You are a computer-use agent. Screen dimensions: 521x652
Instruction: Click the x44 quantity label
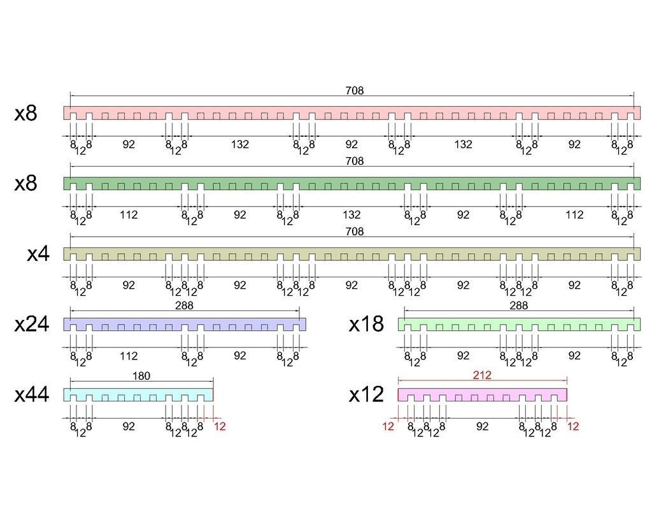(x=32, y=395)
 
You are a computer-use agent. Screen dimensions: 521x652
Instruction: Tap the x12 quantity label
(x=366, y=395)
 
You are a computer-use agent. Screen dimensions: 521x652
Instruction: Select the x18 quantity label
(x=366, y=324)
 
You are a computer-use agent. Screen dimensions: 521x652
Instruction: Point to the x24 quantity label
(x=32, y=324)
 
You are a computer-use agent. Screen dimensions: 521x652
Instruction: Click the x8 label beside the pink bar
(x=26, y=114)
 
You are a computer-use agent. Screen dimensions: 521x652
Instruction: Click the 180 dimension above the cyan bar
(x=141, y=376)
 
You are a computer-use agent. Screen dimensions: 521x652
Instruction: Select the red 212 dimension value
(x=482, y=376)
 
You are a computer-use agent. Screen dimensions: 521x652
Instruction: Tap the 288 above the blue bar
(x=184, y=306)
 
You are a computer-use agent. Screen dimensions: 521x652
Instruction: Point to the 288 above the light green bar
(x=519, y=306)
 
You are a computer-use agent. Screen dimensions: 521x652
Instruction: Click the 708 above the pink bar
(x=355, y=91)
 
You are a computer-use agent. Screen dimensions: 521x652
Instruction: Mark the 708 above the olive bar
(x=355, y=232)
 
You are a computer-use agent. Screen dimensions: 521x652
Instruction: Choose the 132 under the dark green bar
(x=351, y=215)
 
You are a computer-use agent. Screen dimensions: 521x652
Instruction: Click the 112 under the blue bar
(x=129, y=356)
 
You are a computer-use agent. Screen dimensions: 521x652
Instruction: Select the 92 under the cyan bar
(x=129, y=426)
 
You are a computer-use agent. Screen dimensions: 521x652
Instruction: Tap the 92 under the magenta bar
(x=482, y=426)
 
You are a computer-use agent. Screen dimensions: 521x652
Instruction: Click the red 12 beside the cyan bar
(x=220, y=427)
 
